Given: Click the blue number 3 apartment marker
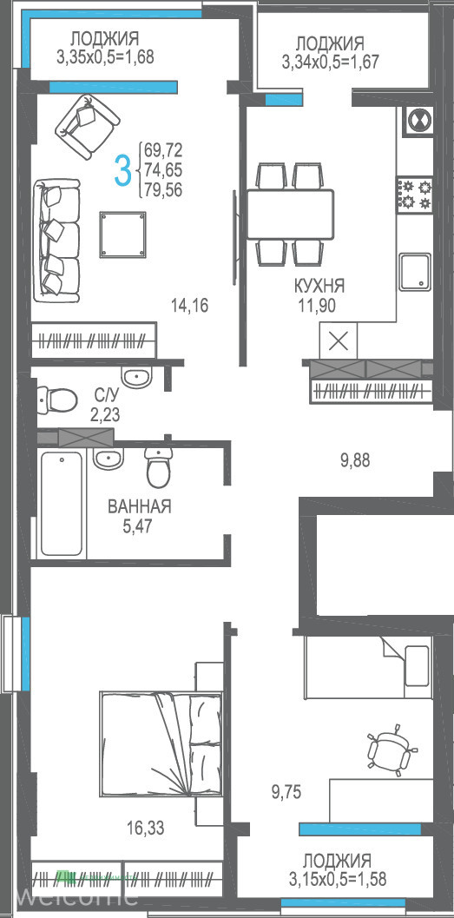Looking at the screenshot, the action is point(123,170).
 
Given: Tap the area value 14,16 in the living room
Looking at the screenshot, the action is point(190,305).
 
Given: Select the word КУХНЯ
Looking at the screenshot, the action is point(319,287).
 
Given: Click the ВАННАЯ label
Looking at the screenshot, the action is point(139,506).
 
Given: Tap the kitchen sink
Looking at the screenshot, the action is point(416,272).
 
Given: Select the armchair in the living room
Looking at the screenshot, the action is point(87,127).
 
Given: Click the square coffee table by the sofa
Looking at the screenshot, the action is point(123,234).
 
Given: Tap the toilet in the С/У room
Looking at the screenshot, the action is point(57,400).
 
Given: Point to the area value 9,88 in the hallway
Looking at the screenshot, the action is point(355,460).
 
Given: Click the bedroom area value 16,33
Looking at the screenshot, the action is point(146,828).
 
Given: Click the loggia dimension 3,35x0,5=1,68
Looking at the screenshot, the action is point(105,56).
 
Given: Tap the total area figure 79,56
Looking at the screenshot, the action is point(163,189).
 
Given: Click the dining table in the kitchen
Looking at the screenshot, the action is point(290,214).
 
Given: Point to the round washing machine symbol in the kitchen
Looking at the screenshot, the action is point(418,122).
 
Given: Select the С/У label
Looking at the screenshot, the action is point(105,397).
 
